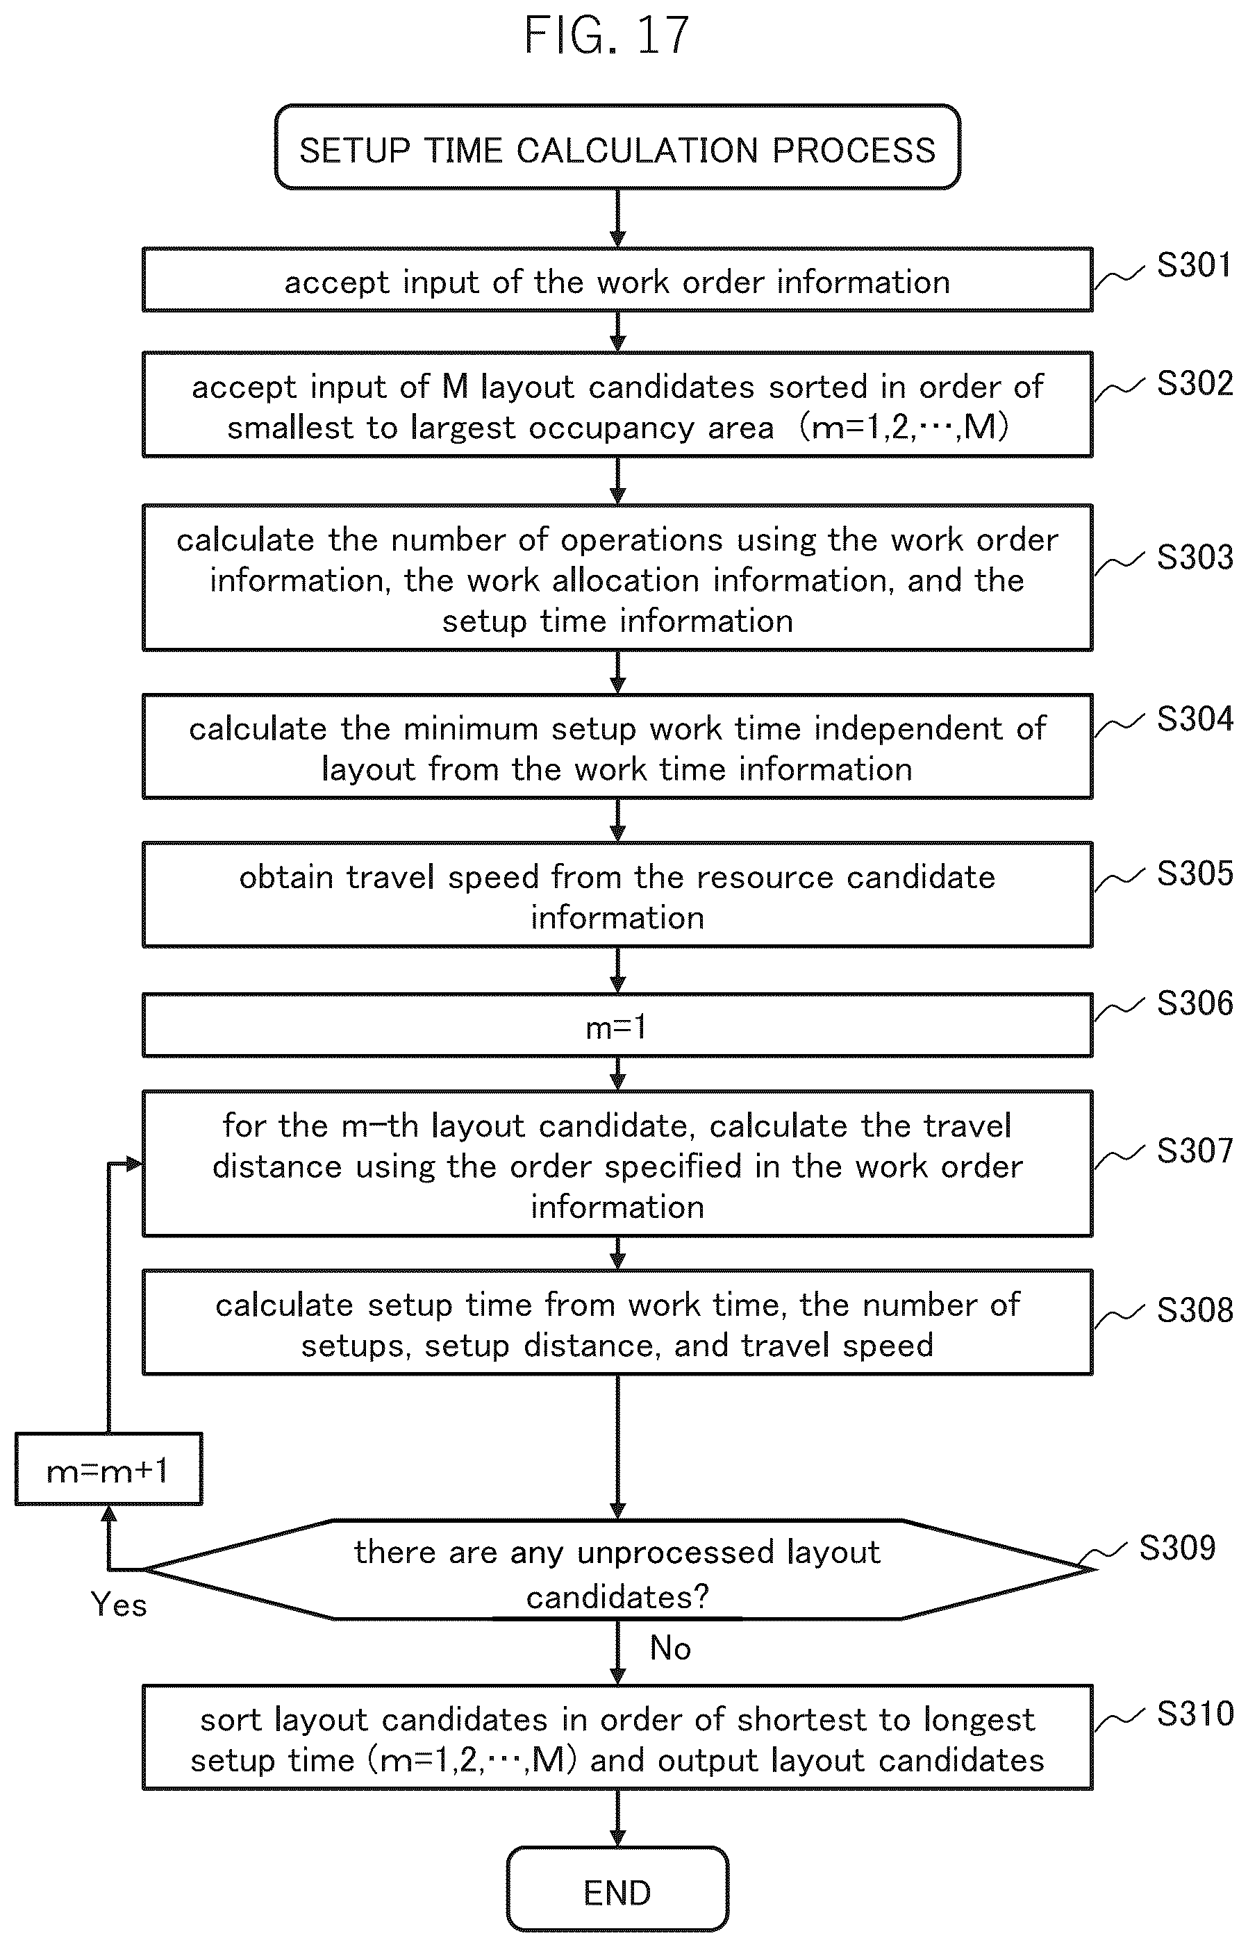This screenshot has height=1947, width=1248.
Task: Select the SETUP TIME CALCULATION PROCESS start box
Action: tap(617, 147)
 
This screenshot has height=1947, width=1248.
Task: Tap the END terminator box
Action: tap(617, 1893)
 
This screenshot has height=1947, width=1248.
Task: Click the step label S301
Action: tap(1194, 265)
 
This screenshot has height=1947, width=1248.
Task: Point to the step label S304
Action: tap(1195, 719)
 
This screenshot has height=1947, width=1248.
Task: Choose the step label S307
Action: tap(1195, 1150)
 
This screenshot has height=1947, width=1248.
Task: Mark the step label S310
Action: tap(1195, 1714)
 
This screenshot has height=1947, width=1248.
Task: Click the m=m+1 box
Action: tap(108, 1469)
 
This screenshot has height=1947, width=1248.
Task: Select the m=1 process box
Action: tap(617, 1026)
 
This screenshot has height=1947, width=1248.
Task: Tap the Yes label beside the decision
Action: tap(118, 1604)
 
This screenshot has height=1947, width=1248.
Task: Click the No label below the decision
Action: tap(670, 1648)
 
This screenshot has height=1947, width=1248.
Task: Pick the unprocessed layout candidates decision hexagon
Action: tap(617, 1569)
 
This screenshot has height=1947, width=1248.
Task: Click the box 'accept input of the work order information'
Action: tap(617, 280)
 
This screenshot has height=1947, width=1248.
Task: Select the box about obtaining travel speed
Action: tap(617, 894)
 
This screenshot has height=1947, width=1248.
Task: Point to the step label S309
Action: tap(1176, 1548)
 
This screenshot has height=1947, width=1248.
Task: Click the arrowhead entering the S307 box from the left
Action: tap(135, 1164)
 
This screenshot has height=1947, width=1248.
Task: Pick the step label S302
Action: tap(1195, 383)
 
